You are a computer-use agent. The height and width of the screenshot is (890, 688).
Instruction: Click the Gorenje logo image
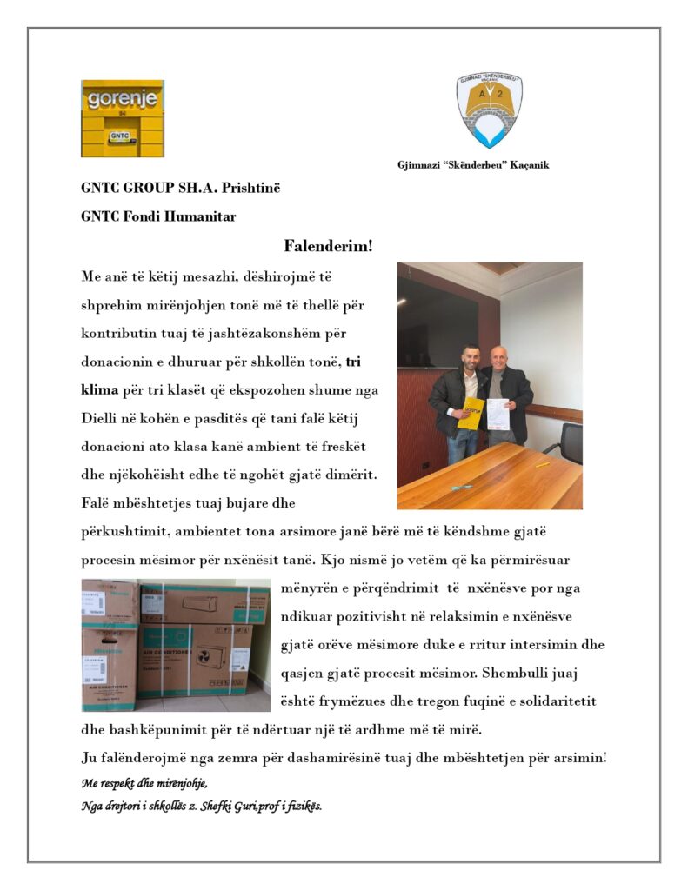pyautogui.click(x=122, y=118)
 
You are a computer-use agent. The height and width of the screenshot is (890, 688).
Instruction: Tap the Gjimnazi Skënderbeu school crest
pyautogui.click(x=490, y=110)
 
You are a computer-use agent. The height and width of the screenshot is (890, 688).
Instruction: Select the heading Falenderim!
pyautogui.click(x=328, y=247)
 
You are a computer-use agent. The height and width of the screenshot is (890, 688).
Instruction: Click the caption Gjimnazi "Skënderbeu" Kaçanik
pyautogui.click(x=473, y=165)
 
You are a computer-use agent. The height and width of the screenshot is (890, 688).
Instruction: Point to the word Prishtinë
pyautogui.click(x=254, y=188)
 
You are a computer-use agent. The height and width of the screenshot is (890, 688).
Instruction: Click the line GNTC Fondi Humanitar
pyautogui.click(x=158, y=216)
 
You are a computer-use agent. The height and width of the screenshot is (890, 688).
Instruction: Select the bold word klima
pyautogui.click(x=98, y=390)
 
